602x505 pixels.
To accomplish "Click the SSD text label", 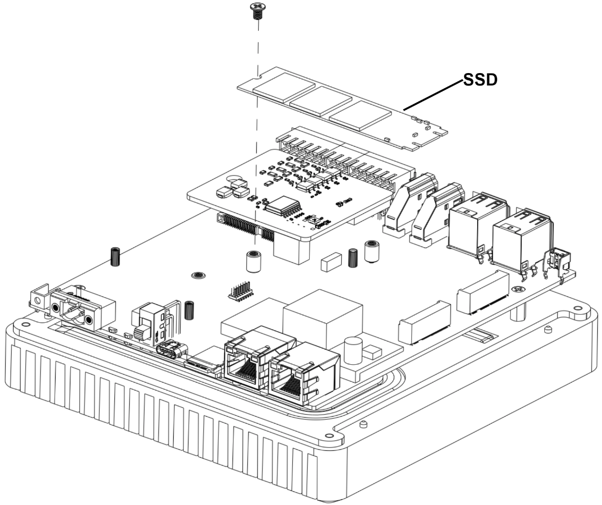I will tap(480, 80).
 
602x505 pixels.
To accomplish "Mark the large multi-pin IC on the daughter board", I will tap(282, 207).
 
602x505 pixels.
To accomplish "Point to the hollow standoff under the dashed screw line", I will tap(254, 262).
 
